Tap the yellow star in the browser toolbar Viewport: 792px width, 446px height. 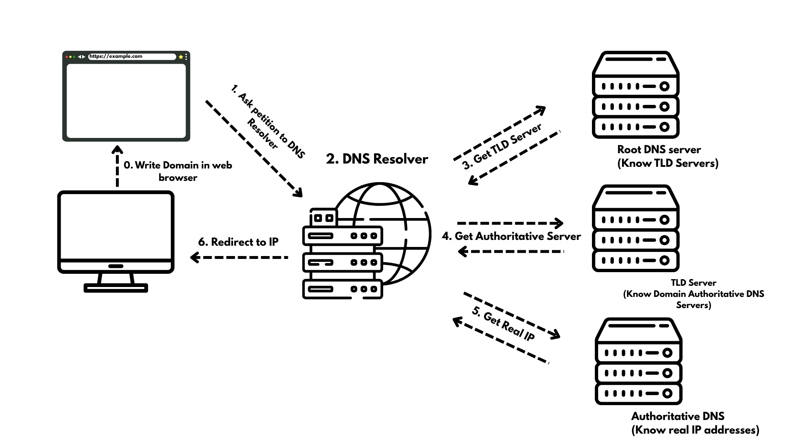[x=181, y=57]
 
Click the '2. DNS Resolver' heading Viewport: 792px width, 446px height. [x=377, y=159]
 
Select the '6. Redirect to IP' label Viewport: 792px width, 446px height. [x=238, y=242]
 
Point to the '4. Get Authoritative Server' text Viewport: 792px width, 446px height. [x=511, y=236]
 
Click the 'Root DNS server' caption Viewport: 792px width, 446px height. [x=659, y=149]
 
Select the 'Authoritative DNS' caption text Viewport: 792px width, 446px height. [x=677, y=416]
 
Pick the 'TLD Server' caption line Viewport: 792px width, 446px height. [x=693, y=283]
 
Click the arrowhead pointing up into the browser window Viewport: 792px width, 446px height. [x=117, y=149]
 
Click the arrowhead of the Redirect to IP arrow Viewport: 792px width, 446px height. [x=194, y=258]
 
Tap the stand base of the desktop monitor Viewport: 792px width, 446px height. [x=115, y=288]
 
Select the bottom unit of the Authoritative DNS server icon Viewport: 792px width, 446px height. [x=638, y=393]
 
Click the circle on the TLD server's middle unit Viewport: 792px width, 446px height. [x=664, y=240]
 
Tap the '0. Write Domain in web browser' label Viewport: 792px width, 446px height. [x=178, y=171]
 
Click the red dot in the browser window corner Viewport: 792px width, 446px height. [x=67, y=57]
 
